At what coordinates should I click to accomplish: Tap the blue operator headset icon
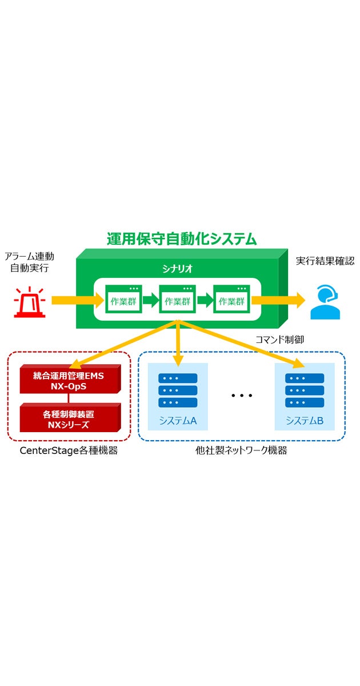[x=325, y=302]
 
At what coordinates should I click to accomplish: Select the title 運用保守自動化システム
[x=182, y=238]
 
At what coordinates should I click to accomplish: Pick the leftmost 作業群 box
[x=123, y=300]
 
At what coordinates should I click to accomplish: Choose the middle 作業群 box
[x=178, y=300]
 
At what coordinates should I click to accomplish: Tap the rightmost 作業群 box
[x=231, y=300]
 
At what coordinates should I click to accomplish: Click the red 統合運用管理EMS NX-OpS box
[x=69, y=380]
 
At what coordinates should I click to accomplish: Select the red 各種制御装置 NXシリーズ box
[x=69, y=418]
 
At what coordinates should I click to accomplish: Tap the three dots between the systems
[x=242, y=396]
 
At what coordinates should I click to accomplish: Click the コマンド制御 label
[x=279, y=340]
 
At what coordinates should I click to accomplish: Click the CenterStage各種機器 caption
[x=69, y=450]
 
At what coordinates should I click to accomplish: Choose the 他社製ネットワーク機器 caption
[x=241, y=450]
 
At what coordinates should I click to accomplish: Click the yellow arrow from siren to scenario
[x=72, y=300]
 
